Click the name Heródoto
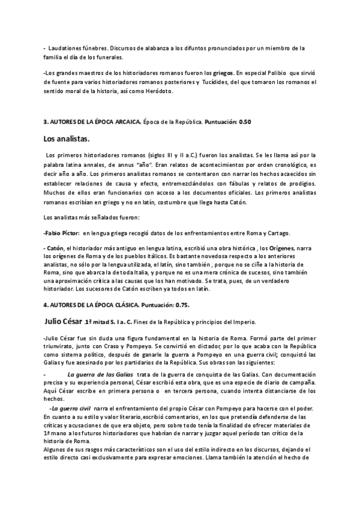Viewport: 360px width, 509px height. point(157,91)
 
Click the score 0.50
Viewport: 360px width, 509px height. point(245,122)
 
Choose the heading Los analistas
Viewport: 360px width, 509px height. point(67,139)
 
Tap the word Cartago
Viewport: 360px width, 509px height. point(275,232)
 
